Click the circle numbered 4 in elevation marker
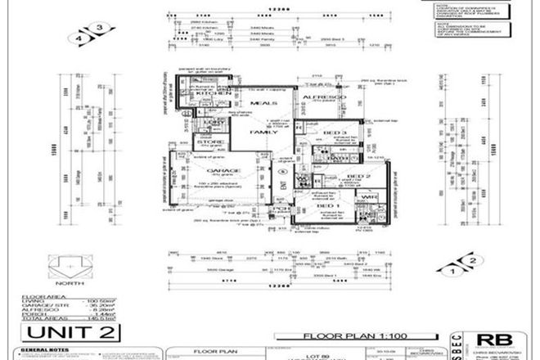[80, 38]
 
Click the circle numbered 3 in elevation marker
[99, 29]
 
